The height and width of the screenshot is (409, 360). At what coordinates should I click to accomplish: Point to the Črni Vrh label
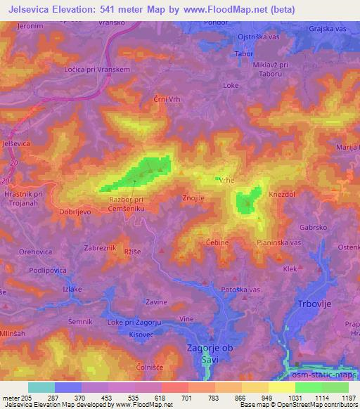[167, 100]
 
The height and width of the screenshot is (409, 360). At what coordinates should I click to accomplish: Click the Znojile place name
[193, 198]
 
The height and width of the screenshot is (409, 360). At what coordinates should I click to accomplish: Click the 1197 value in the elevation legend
[349, 397]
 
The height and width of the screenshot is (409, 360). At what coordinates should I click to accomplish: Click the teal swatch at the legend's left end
[41, 387]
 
